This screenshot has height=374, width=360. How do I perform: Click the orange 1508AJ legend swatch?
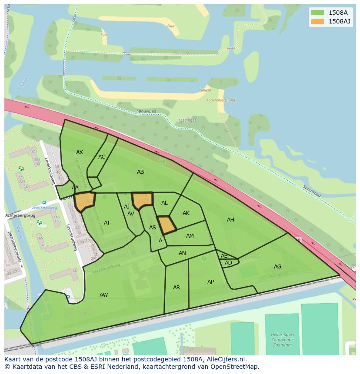pyautogui.click(x=317, y=21)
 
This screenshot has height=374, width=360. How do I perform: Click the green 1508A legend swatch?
pyautogui.click(x=317, y=13)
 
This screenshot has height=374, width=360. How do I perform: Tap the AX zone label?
pyautogui.click(x=80, y=152)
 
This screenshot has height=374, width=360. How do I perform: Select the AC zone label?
pyautogui.click(x=102, y=157)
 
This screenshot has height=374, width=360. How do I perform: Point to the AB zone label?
pyautogui.click(x=140, y=172)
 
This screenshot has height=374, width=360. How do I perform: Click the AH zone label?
pyautogui.click(x=230, y=220)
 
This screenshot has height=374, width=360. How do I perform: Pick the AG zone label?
pyautogui.click(x=277, y=267)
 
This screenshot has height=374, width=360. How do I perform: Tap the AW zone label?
pyautogui.click(x=103, y=295)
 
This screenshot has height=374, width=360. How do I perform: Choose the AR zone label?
pyautogui.click(x=177, y=288)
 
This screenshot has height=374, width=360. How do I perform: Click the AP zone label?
pyautogui.click(x=210, y=282)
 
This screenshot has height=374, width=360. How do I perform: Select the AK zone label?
pyautogui.click(x=186, y=213)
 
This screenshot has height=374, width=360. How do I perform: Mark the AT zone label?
pyautogui.click(x=107, y=223)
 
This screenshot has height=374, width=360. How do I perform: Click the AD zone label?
pyautogui.click(x=228, y=263)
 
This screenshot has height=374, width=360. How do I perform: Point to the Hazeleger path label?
pyautogui.click(x=187, y=120)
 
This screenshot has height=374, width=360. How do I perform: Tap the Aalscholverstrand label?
pyautogui.click(x=220, y=100)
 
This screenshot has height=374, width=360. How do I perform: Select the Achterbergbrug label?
pyautogui.click(x=20, y=215)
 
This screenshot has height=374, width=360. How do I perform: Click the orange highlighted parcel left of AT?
pyautogui.click(x=84, y=201)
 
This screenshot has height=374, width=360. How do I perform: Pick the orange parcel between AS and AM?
pyautogui.click(x=166, y=225)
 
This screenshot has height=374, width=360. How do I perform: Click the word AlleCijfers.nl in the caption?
pyautogui.click(x=226, y=359)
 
